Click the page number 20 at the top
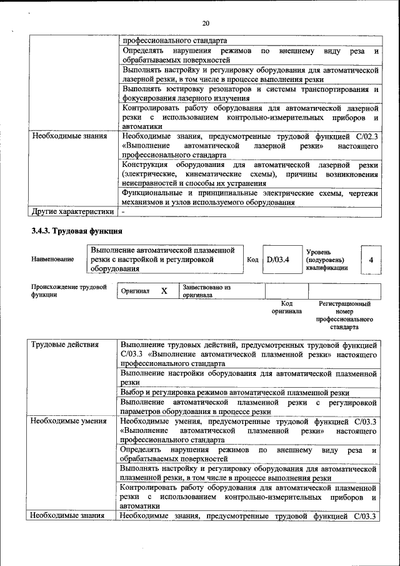click(x=205, y=23)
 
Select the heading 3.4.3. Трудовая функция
click(x=69, y=231)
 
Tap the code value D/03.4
click(x=277, y=260)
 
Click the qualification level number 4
click(x=371, y=260)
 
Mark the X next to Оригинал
click(x=164, y=291)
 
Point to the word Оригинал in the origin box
click(x=136, y=291)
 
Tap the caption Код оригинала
click(x=287, y=307)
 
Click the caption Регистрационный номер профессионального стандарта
click(x=344, y=315)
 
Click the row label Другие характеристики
click(x=72, y=211)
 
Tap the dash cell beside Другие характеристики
click(x=124, y=211)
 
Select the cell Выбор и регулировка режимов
click(x=234, y=393)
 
